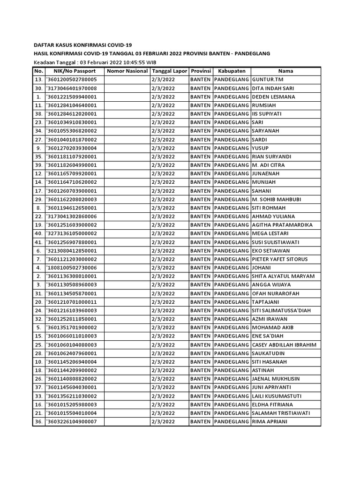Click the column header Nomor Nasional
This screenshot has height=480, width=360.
(x=127, y=71)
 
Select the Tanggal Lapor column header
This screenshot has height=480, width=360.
(x=169, y=71)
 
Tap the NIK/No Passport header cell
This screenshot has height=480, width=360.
(x=74, y=71)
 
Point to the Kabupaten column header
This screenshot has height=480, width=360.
(x=232, y=71)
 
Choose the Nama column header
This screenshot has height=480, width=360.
(x=285, y=71)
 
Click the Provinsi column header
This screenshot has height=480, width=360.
(x=201, y=71)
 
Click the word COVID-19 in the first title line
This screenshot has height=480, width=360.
(x=120, y=45)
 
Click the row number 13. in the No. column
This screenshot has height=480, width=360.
(x=38, y=80)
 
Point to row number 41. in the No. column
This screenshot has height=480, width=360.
(x=38, y=242)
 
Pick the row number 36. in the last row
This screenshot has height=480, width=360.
(x=38, y=421)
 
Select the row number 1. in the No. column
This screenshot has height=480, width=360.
(x=38, y=97)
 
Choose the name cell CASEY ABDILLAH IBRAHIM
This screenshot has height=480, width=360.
(x=284, y=345)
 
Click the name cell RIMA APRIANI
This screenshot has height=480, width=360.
(x=270, y=421)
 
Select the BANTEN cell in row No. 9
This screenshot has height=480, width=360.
(x=201, y=148)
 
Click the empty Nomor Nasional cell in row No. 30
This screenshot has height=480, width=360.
(x=127, y=88)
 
